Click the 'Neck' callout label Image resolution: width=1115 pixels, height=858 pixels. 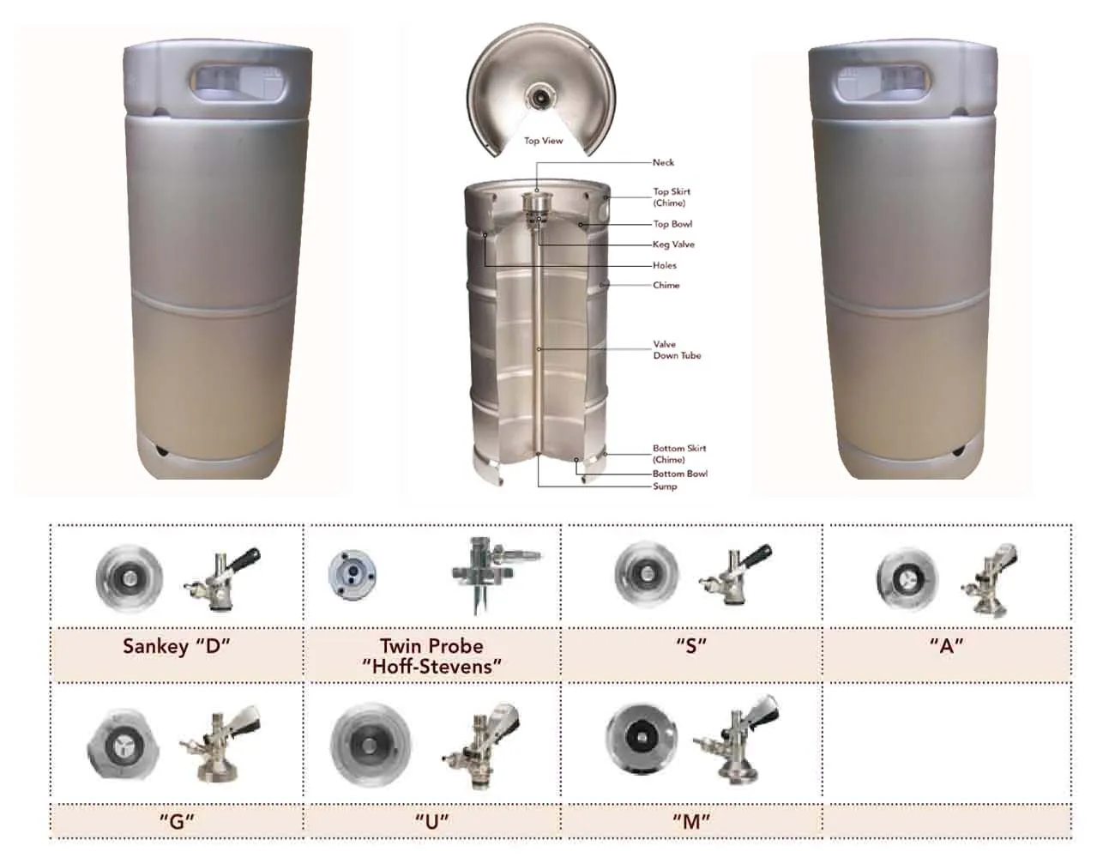click(x=663, y=162)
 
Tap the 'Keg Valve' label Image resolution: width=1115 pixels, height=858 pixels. click(x=673, y=245)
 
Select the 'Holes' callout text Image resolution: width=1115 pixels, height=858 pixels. click(x=664, y=265)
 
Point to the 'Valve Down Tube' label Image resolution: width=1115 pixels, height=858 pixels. click(x=677, y=349)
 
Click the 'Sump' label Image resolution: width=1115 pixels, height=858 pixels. click(x=665, y=486)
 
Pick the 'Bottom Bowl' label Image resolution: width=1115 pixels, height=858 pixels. click(x=679, y=473)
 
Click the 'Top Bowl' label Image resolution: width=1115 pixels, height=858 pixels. click(x=672, y=224)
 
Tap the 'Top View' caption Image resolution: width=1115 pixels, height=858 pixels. click(x=544, y=141)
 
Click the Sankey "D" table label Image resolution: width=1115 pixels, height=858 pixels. click(x=177, y=646)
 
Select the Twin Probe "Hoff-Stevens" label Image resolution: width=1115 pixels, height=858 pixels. click(x=431, y=656)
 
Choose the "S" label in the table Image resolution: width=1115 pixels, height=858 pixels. click(x=690, y=646)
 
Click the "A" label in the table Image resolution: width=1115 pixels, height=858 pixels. click(x=946, y=646)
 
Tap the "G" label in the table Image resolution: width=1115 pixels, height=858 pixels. click(x=177, y=820)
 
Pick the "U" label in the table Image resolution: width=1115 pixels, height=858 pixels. click(x=432, y=820)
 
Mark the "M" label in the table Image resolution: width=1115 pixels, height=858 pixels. click(x=691, y=820)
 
